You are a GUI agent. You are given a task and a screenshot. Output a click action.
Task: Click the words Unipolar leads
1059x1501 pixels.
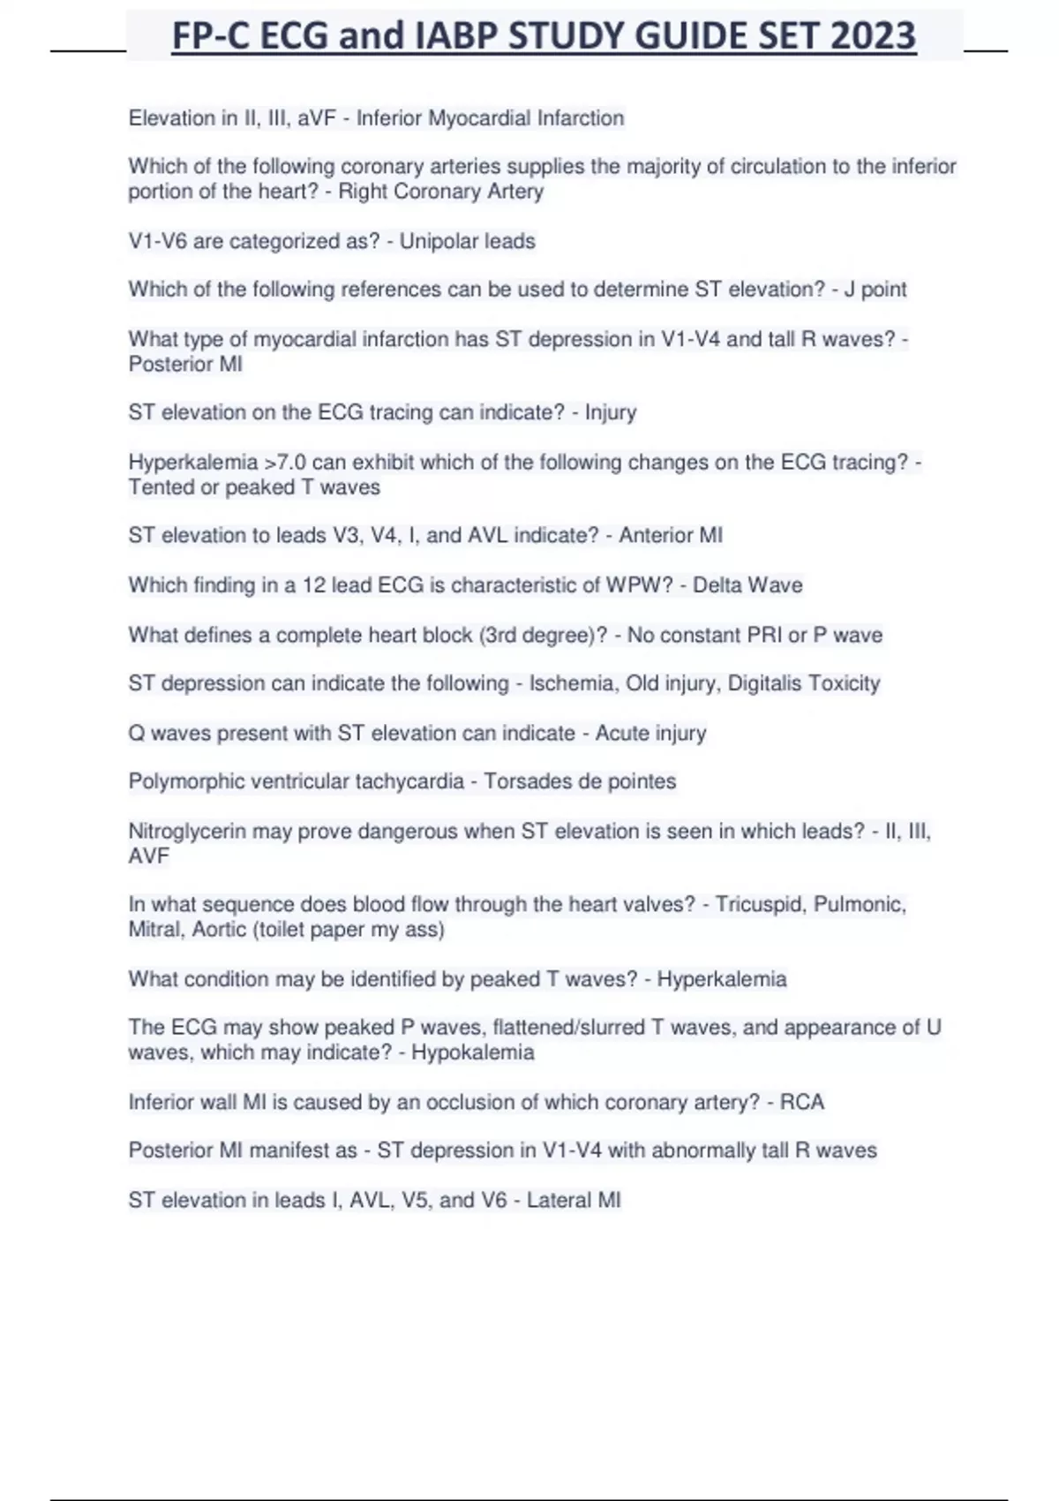467,241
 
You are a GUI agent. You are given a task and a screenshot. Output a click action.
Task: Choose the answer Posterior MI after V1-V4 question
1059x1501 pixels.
185,364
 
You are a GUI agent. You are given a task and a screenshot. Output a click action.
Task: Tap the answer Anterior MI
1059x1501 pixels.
670,535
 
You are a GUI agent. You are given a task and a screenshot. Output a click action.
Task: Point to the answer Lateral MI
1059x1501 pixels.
574,1200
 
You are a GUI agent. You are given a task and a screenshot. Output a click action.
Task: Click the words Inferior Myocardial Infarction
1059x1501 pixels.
490,118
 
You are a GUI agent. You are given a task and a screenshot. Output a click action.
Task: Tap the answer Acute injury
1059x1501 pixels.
650,733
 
